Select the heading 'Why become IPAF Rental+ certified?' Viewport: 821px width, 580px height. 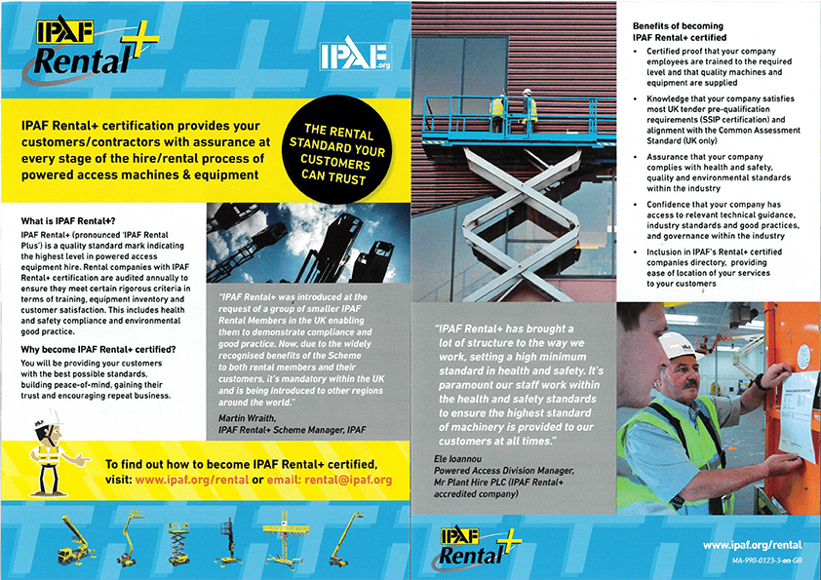click(x=98, y=349)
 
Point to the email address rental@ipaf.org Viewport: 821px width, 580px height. click(x=337, y=481)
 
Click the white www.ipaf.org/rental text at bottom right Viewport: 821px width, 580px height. click(x=752, y=545)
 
